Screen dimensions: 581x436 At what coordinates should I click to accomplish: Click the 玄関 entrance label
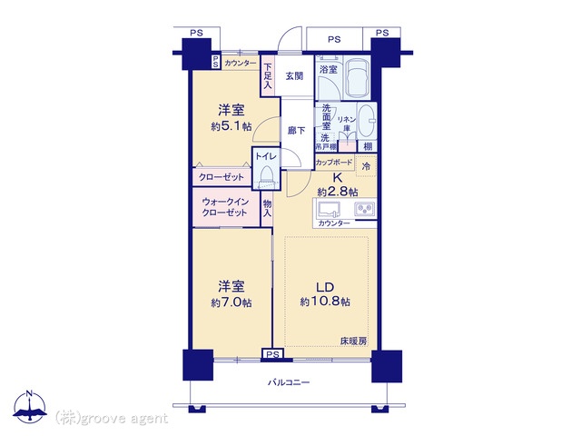294,76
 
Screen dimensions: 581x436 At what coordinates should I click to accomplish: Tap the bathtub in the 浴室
357,78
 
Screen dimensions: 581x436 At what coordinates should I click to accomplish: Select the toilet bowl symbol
266,178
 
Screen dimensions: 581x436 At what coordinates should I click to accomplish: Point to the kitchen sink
329,209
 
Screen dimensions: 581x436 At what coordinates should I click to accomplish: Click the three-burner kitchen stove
365,210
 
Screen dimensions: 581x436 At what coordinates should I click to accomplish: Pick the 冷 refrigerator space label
366,166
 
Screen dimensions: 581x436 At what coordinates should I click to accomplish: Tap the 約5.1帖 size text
231,127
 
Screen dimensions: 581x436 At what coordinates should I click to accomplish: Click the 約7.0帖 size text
231,303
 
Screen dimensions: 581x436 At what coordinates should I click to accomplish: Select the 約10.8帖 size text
325,302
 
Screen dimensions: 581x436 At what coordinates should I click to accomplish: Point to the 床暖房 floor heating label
354,342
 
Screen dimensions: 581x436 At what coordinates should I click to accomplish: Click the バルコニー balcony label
289,382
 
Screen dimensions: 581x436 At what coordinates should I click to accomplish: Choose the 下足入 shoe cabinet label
267,76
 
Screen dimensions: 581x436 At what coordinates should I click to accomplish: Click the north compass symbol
30,406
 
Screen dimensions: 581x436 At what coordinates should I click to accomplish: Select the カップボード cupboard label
334,163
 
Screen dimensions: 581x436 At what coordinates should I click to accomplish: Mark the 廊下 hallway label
297,131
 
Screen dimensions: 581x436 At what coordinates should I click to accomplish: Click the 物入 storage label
267,209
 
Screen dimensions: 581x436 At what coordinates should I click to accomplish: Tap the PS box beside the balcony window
272,354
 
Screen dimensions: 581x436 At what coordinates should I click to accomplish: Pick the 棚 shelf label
368,146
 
